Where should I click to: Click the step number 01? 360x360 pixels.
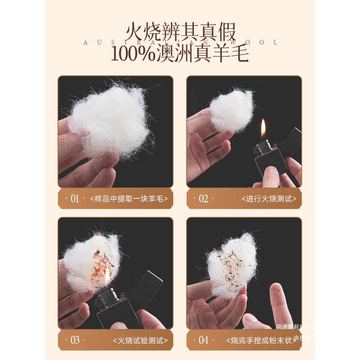[x=75, y=199]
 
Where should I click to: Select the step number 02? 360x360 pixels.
[x=203, y=199]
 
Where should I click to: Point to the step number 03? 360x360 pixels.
[x=75, y=340]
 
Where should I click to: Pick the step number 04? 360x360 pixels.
[x=203, y=340]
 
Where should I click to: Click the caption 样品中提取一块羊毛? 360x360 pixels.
[x=129, y=199]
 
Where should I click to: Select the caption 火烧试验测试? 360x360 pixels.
[x=140, y=340]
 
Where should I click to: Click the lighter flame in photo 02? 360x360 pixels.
[x=263, y=129]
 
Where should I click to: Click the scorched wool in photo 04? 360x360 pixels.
[x=230, y=265]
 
